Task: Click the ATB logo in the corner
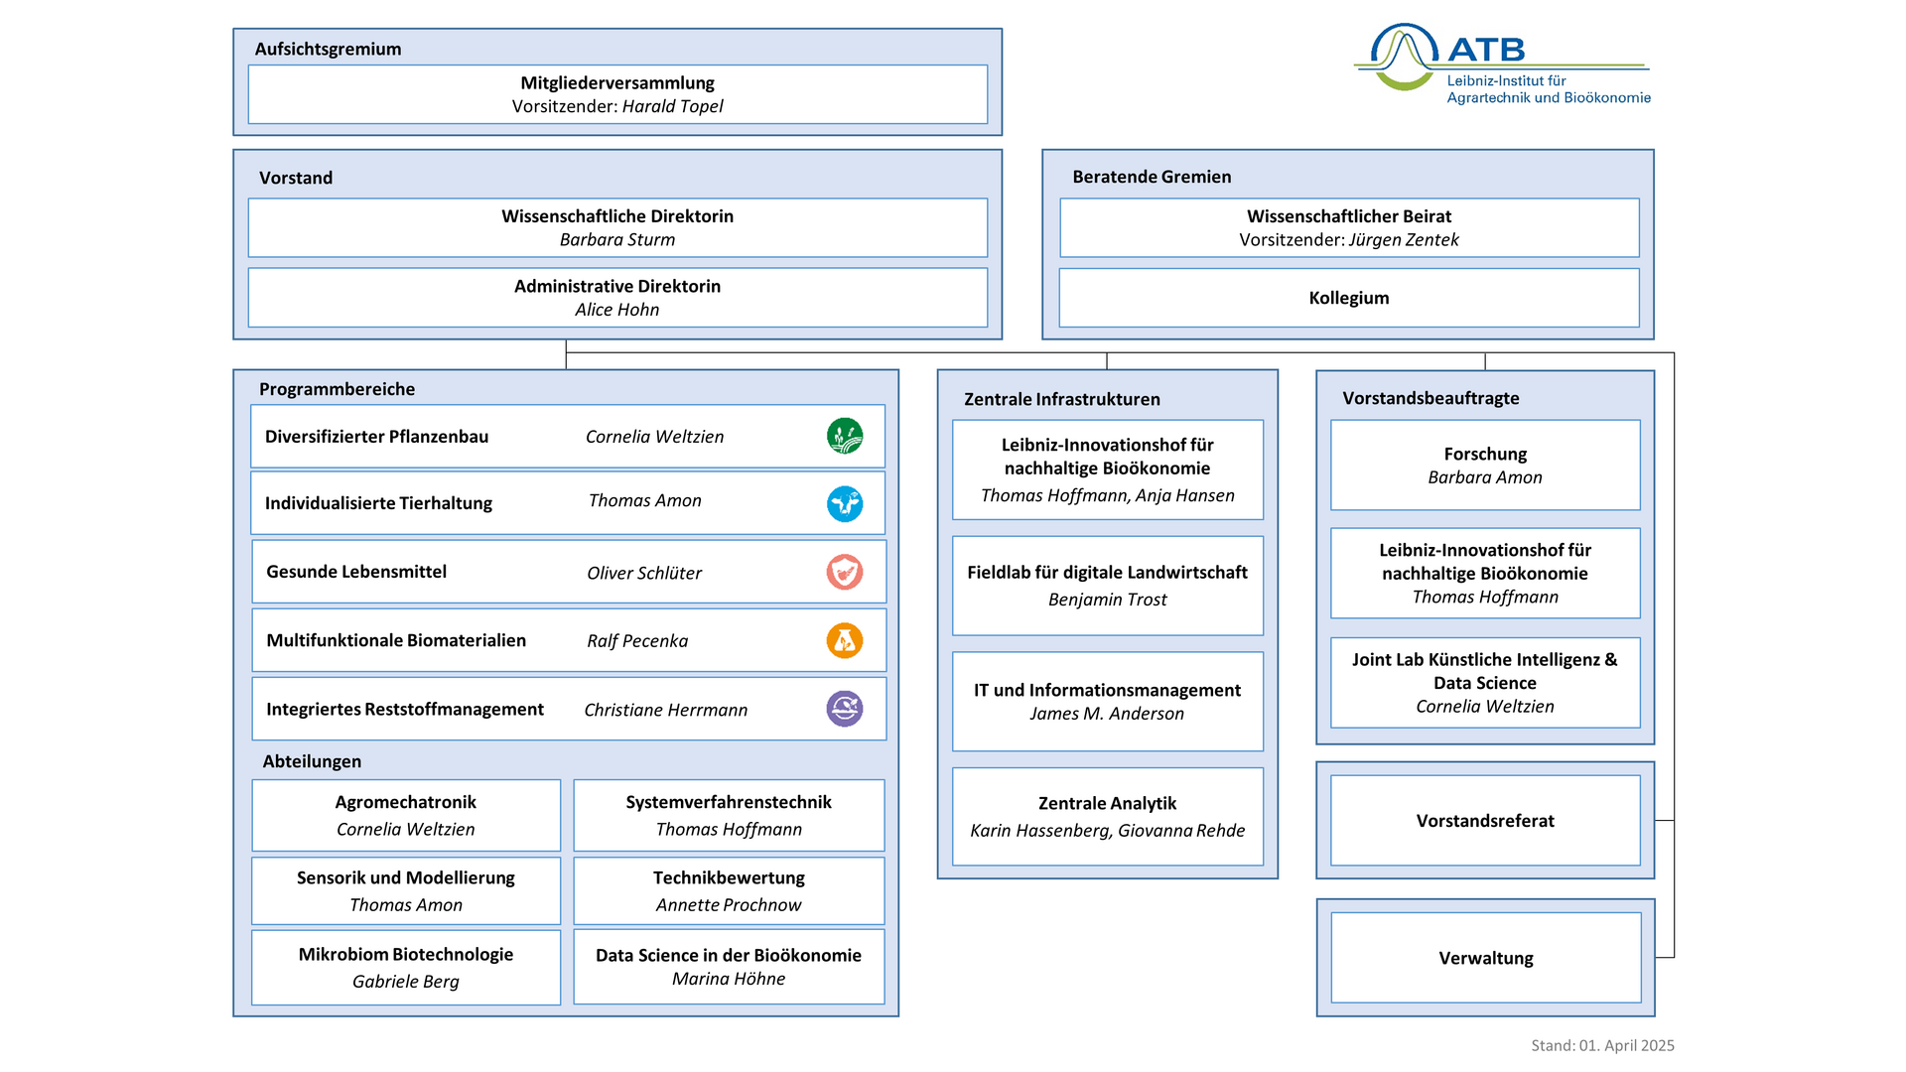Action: coord(1502,63)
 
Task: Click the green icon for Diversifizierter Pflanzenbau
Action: coord(845,436)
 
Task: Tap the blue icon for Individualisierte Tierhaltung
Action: coord(845,503)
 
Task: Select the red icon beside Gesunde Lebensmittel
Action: coord(845,572)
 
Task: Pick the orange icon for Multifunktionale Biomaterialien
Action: coord(845,640)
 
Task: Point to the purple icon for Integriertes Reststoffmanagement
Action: coord(845,709)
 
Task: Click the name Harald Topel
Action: coord(673,106)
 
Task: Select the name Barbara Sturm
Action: coord(617,239)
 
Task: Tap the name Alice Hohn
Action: coord(617,310)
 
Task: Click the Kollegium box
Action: coord(1349,298)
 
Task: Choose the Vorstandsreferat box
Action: coord(1485,821)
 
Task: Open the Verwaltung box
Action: coord(1486,958)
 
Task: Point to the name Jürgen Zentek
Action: coord(1404,239)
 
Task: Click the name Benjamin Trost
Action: coord(1108,600)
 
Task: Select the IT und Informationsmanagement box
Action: coord(1108,702)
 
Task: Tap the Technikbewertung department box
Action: coord(729,890)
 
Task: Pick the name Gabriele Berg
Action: coord(406,982)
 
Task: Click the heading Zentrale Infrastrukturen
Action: coord(1062,399)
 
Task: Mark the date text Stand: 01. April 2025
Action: coord(1602,1045)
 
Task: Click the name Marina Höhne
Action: coord(729,979)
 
